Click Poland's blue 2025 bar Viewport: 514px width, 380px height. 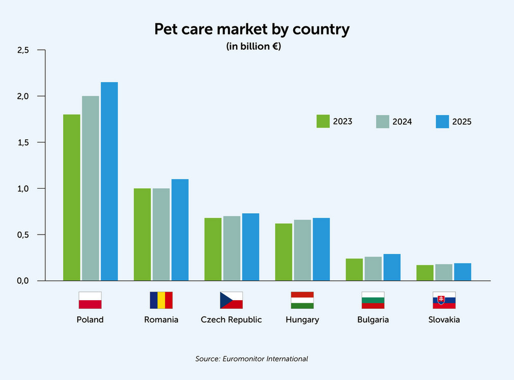point(109,181)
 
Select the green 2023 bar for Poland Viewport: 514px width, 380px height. point(71,197)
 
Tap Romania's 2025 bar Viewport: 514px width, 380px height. point(180,229)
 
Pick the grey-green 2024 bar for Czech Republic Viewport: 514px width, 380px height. point(232,248)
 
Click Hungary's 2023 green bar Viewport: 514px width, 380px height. point(283,252)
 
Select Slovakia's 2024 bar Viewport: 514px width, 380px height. point(444,272)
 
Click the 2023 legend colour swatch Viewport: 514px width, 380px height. point(323,121)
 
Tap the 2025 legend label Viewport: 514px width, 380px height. point(462,122)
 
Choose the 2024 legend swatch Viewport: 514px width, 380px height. point(382,122)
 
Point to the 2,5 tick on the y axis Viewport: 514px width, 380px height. point(23,50)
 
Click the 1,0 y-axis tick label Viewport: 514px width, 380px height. point(23,189)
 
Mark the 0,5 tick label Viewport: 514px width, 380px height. point(23,235)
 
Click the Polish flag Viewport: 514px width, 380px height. point(90,300)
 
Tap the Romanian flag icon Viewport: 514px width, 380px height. point(161,300)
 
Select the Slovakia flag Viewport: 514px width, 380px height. point(444,300)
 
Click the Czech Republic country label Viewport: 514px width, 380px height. point(231,320)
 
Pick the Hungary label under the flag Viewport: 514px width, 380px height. point(302,320)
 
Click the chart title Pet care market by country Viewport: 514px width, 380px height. point(252,30)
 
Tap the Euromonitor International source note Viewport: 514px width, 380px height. point(251,359)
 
